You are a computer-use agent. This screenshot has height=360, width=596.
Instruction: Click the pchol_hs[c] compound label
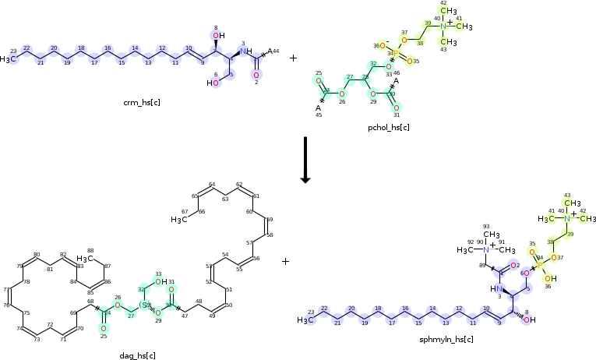click(x=388, y=126)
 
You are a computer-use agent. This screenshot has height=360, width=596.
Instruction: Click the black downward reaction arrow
click(x=305, y=160)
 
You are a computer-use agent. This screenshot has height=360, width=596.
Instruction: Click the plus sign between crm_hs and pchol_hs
click(x=293, y=58)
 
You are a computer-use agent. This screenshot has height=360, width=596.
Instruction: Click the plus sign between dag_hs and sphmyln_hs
click(x=285, y=262)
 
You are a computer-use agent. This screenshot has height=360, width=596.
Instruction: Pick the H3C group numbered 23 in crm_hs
click(x=9, y=59)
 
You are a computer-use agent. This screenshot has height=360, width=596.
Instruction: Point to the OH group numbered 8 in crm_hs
click(x=219, y=35)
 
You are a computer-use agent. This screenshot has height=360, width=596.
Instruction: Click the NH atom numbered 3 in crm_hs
click(x=245, y=51)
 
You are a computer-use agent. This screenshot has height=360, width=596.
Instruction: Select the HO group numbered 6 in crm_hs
click(x=213, y=83)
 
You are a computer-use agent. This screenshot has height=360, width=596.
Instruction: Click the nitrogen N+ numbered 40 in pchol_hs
click(x=443, y=26)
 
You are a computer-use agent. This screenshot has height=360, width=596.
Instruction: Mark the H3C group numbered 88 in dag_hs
click(x=86, y=258)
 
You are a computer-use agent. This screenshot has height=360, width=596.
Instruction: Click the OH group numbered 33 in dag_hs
click(x=160, y=282)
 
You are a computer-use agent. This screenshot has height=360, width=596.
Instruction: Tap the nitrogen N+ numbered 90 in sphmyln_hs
click(x=487, y=250)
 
